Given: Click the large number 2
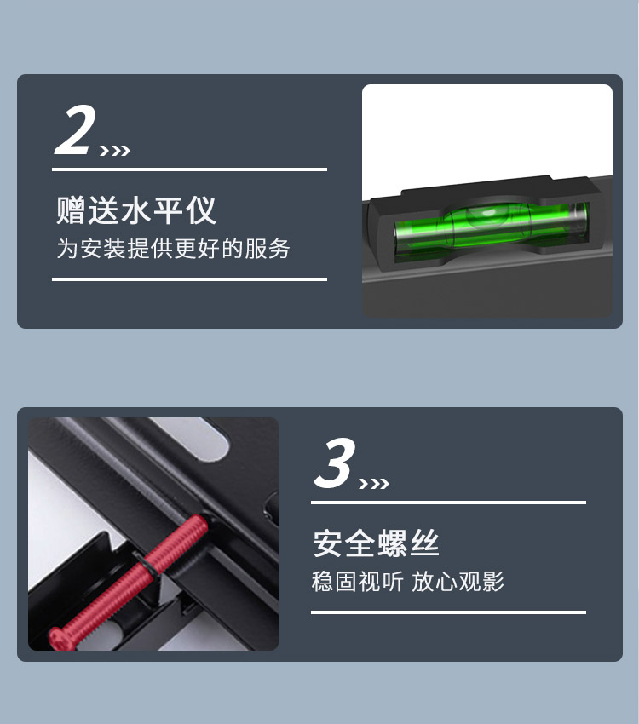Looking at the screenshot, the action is tap(75, 129).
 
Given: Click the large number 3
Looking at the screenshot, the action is tap(335, 463).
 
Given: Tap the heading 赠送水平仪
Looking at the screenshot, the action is tap(135, 210).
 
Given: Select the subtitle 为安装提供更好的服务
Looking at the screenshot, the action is tap(173, 249).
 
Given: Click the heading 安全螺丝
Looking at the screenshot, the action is tap(376, 543).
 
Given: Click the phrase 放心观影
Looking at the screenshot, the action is tap(458, 581).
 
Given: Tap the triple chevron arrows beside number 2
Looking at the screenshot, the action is tap(115, 151).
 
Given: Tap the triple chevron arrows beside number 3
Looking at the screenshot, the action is tap(374, 484).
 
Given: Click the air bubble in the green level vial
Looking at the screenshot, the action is tap(488, 214).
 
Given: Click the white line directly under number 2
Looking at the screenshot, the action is tap(189, 170).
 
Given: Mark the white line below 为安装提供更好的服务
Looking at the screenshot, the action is tap(189, 279).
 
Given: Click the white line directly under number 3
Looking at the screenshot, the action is tap(448, 503).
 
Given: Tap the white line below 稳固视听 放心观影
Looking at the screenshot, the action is tap(448, 612).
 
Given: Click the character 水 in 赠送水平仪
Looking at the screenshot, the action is tap(135, 210).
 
